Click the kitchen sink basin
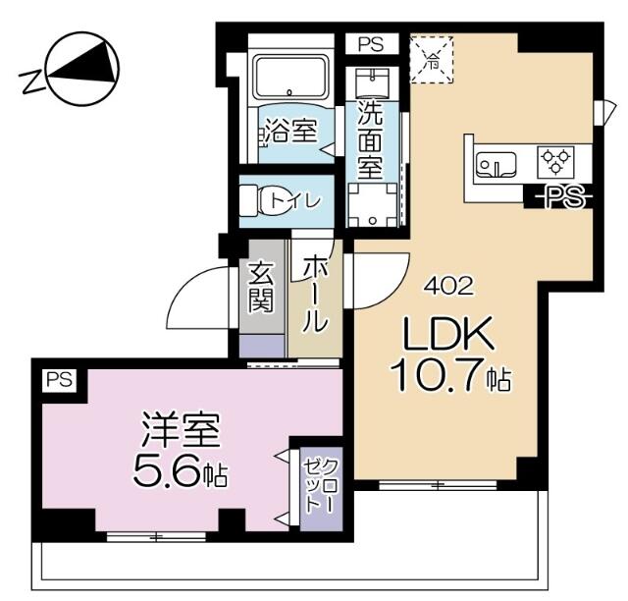497,164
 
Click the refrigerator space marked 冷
432,58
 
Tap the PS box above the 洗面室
370,44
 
